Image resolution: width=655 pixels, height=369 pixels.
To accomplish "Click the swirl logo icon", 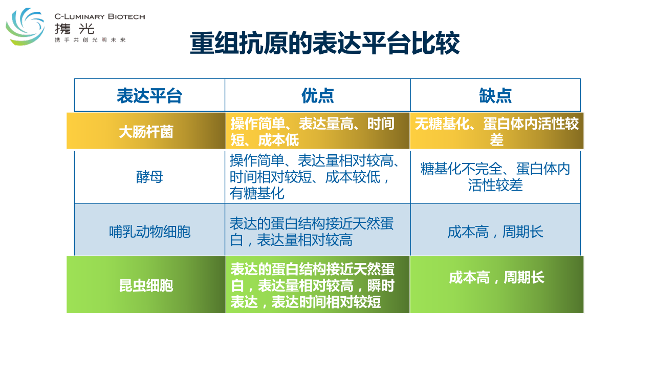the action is pos(25,26).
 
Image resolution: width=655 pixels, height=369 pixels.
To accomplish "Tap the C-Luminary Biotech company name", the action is pos(100,16).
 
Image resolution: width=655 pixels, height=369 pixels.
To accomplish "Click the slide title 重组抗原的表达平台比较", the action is pos(324,44).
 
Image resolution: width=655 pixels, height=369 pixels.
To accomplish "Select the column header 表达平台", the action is pos(149,95).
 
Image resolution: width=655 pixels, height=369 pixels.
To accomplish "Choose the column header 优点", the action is pos(318,95).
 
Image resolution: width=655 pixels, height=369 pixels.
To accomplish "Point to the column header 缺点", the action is pos(495,95).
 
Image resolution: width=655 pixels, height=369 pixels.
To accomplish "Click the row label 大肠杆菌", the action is pos(146,132).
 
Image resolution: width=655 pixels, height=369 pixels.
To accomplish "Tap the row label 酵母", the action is pos(149,177).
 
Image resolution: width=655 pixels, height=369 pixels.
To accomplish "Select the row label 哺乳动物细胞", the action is pos(150,232).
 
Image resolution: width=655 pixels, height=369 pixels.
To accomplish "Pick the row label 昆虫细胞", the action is pos(146,285).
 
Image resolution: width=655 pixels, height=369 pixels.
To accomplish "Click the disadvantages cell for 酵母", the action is pos(495,177).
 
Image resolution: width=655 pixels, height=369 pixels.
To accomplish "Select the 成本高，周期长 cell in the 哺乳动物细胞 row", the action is pos(495,232).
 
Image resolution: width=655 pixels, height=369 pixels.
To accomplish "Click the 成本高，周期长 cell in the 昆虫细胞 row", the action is pos(496,277).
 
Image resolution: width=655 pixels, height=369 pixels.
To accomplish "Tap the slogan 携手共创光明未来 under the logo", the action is pos(90,40).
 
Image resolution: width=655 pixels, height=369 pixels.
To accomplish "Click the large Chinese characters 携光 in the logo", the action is pos(74,29).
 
